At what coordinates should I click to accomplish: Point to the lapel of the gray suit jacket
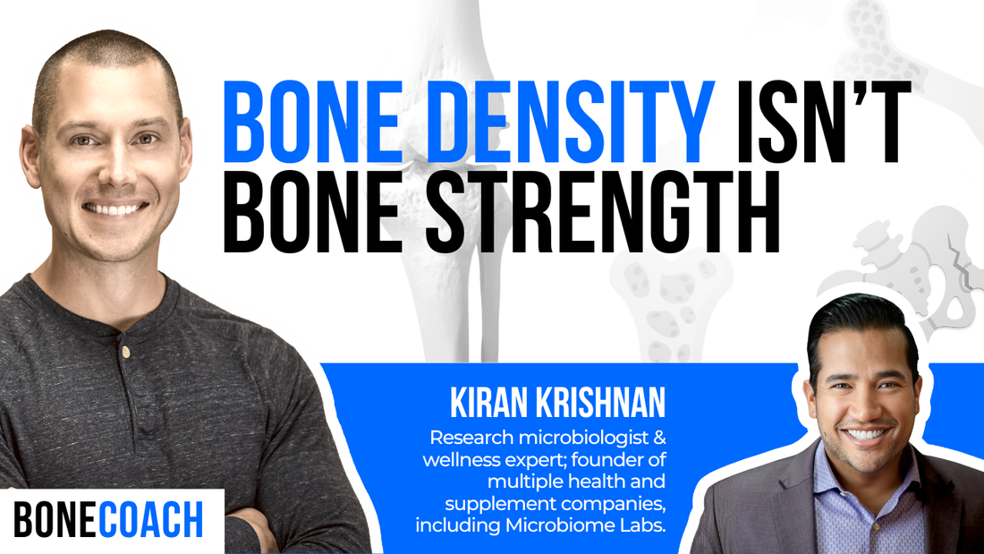(x=788, y=501)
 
